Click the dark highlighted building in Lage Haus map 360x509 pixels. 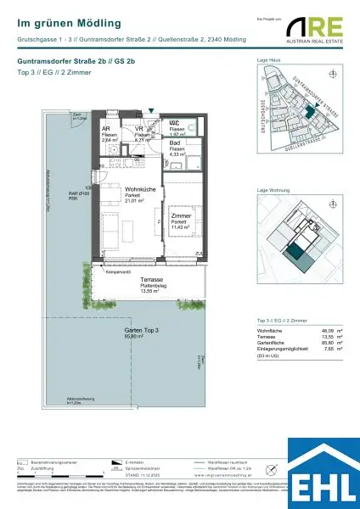311,111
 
